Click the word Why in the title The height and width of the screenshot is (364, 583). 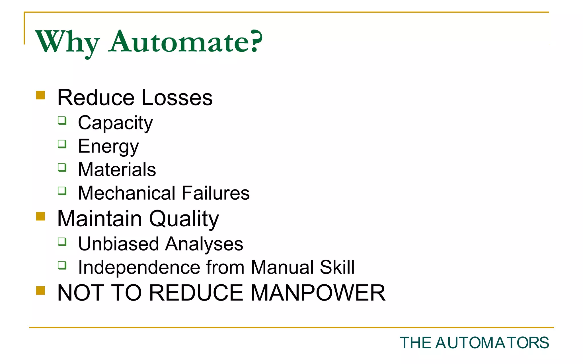(67, 42)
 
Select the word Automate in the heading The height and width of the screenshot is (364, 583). (178, 42)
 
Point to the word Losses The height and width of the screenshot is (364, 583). (177, 98)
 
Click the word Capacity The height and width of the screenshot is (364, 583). (115, 123)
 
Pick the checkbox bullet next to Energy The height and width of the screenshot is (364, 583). (62, 144)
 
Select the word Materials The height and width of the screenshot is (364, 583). (117, 170)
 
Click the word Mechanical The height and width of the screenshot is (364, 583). (127, 193)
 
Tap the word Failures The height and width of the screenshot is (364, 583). (215, 193)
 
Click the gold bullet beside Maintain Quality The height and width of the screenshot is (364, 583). (41, 216)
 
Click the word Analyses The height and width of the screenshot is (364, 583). (204, 244)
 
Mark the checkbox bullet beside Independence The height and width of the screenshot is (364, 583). (62, 265)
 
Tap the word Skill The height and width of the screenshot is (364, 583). (337, 267)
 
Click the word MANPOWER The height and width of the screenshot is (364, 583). (318, 293)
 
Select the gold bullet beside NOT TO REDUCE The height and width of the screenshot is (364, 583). (41, 291)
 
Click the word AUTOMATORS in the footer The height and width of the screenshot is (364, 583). (492, 343)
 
